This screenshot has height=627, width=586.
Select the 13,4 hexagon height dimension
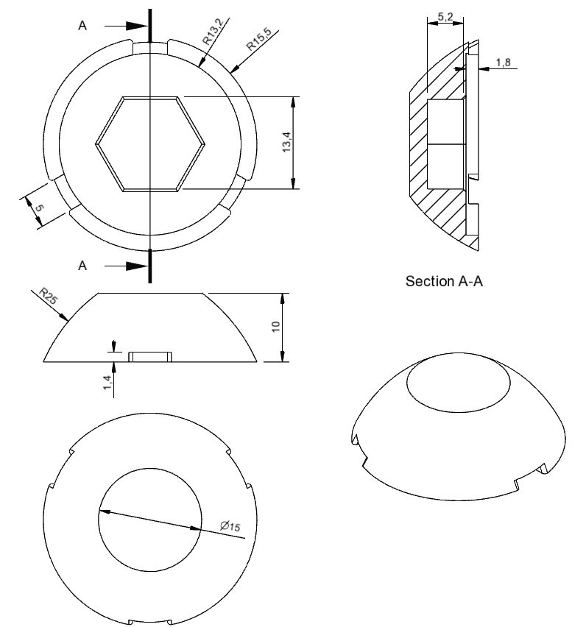pos(286,143)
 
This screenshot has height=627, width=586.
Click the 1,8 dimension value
pos(504,63)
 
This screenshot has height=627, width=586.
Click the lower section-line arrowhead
pos(134,266)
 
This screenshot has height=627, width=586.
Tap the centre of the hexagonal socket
pos(149,144)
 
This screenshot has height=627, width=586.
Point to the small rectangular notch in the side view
pos(150,357)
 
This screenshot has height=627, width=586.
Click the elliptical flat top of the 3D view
pos(457,387)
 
